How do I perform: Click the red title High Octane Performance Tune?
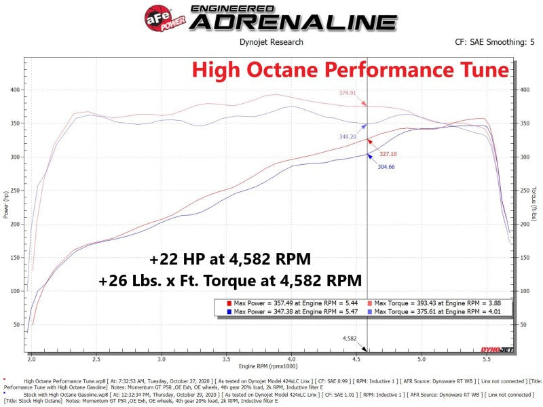coord(350,70)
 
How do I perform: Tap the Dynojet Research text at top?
coord(271,42)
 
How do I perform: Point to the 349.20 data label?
coord(348,136)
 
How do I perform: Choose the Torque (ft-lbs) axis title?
coord(536,205)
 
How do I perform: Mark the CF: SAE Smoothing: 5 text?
coord(490,42)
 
